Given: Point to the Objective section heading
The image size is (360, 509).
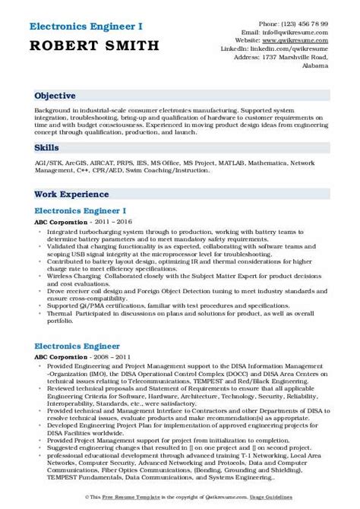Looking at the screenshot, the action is click(55, 96).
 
